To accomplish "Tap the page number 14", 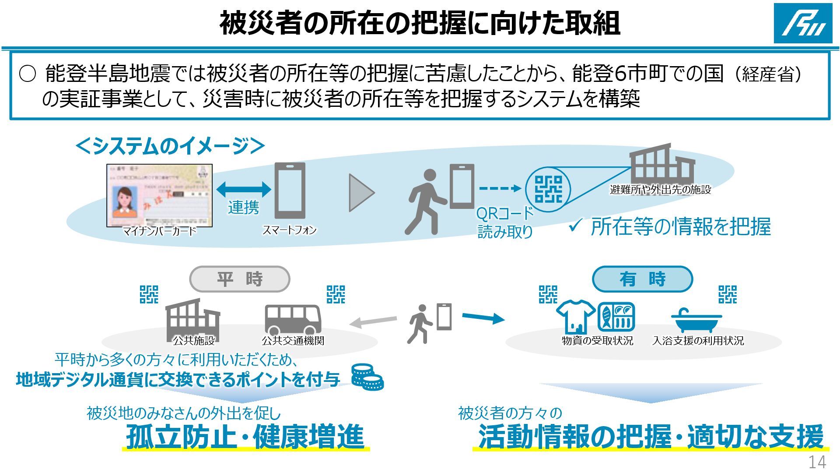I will (x=817, y=462).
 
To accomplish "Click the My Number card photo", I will (x=160, y=195).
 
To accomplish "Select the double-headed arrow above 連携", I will (x=244, y=189).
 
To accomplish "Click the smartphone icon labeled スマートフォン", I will (x=290, y=191).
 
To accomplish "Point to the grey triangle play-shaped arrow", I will (x=361, y=193).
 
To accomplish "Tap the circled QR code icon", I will (x=548, y=189).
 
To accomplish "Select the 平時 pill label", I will (x=240, y=279).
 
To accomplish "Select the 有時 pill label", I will (x=642, y=279).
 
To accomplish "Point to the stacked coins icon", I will (x=367, y=377).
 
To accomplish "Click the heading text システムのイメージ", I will (x=170, y=146).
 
